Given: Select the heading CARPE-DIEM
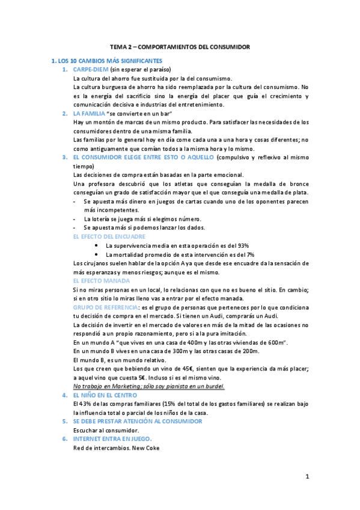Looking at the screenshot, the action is [x=90, y=70].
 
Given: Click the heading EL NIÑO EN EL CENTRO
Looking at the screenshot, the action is [x=105, y=395].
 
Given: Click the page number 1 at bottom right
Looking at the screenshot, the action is [x=307, y=477].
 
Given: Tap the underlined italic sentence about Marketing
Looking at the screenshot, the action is [x=148, y=386].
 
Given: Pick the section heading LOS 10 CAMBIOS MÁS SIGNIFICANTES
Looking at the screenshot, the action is [x=106, y=61].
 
